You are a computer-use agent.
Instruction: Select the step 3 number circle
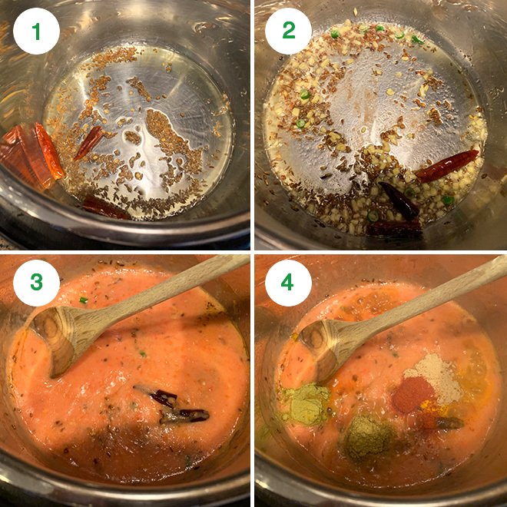click(x=35, y=283)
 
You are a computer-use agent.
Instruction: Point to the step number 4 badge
click(x=287, y=283)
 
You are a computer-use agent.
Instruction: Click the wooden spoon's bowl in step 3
click(x=62, y=338)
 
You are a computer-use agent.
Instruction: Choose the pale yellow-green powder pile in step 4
click(x=305, y=404)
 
